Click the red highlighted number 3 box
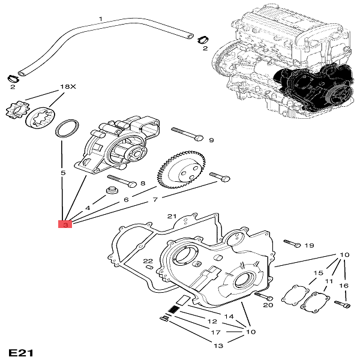pos(64,225)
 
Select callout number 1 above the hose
pos(101,19)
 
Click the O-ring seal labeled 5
pos(65,128)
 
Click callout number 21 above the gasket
pos(171,216)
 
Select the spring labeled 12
pos(173,310)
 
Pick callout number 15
pos(317,273)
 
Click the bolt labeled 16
pos(343,303)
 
